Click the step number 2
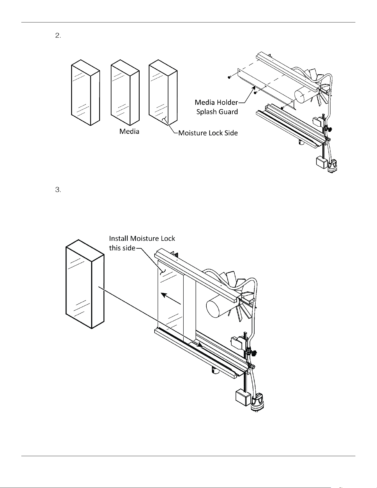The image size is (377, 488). point(58,36)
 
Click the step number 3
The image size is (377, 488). point(58,190)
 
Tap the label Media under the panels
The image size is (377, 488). point(129,131)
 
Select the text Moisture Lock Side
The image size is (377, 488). point(208,133)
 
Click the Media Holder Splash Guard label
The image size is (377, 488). point(216,107)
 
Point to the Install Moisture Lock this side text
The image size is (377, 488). point(142,243)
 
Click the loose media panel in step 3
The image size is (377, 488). point(85,284)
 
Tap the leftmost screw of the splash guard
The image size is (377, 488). point(229,77)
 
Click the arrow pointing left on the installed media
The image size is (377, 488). point(171,298)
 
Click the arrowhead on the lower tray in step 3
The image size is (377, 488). point(200,345)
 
